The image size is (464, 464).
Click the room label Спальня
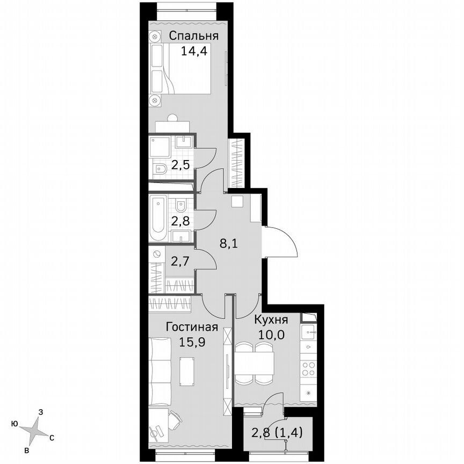(x=194, y=36)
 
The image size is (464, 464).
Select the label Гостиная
(x=192, y=327)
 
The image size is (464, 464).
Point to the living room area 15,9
(x=192, y=340)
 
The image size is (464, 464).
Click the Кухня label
(x=271, y=320)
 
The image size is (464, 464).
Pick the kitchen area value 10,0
(x=271, y=334)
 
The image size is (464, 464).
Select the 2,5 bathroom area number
(x=180, y=164)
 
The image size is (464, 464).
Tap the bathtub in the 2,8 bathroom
(x=159, y=219)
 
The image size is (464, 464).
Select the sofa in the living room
(x=160, y=370)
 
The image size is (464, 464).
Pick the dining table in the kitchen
(x=254, y=364)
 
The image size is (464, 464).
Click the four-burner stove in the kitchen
(x=308, y=368)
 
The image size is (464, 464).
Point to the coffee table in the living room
(x=186, y=371)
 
